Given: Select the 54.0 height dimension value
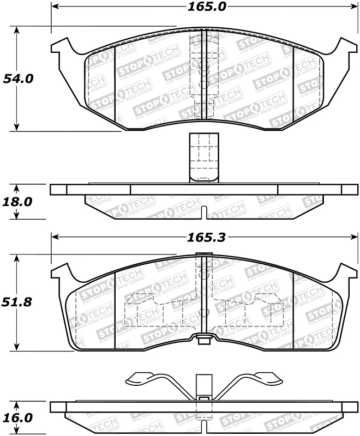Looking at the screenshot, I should [19, 78].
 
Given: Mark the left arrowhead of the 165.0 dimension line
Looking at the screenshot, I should [55, 8].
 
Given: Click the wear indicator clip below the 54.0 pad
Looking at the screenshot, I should [202, 158].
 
